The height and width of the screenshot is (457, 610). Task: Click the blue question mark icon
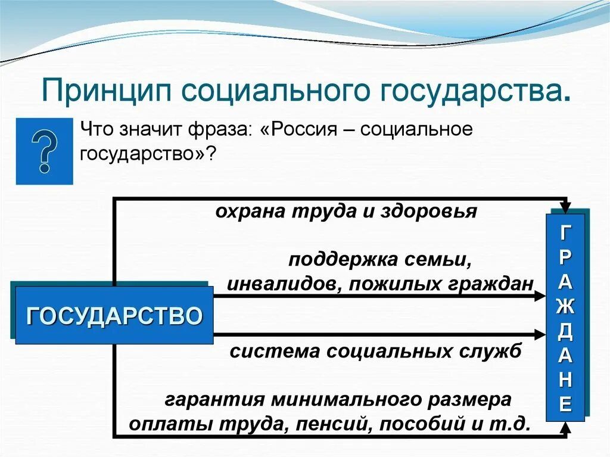(45, 151)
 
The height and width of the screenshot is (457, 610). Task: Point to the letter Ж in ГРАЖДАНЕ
(566, 306)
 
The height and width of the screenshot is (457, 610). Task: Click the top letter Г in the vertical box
(566, 232)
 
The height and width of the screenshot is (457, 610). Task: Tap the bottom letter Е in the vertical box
(566, 405)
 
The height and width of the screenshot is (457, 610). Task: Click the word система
(267, 352)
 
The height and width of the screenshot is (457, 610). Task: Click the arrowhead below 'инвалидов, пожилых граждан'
(540, 296)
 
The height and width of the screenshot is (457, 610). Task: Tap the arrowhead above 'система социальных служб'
(540, 335)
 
